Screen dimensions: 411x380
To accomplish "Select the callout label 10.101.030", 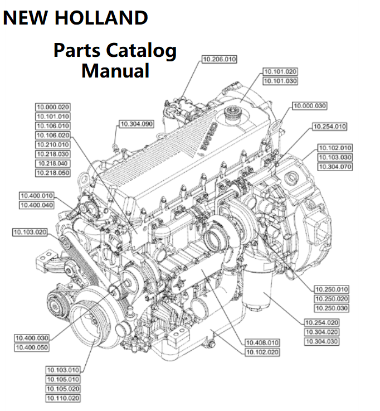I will coord(280,81).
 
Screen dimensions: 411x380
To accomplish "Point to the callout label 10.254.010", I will coord(329,127).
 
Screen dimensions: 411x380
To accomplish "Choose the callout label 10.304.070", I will coord(334,167).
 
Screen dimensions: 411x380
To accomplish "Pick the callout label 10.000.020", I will coord(53,107).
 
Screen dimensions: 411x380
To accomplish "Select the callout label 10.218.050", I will coord(53,173).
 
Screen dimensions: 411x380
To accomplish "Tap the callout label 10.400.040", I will coord(37,205).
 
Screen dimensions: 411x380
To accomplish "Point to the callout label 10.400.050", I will coord(32,347).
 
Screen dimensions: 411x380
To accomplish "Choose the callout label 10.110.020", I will coord(63,398).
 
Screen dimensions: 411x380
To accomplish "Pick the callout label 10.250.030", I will coord(332,308).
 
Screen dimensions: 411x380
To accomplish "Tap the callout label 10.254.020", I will coord(322,322).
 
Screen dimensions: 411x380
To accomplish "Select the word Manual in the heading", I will coord(115,71).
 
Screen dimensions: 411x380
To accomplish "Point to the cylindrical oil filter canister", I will coord(257,290).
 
